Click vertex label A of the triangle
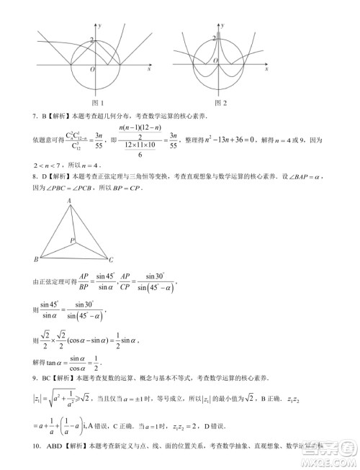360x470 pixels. tap(69, 201)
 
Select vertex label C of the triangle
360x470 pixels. tap(109, 258)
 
